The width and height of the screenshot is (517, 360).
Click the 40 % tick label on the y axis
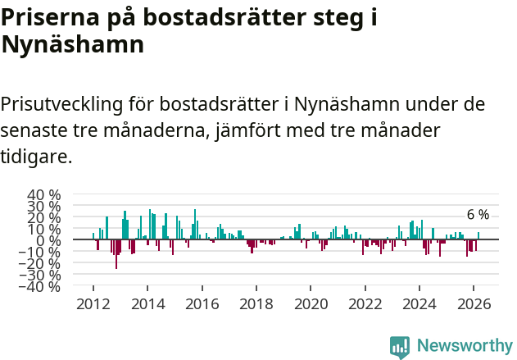[x=44, y=195]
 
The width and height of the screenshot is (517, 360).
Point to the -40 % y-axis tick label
[x=42, y=286]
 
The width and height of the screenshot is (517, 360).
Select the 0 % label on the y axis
[x=48, y=241]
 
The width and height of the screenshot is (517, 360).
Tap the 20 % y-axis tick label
[x=44, y=218]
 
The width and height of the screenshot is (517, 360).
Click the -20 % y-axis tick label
[x=42, y=263]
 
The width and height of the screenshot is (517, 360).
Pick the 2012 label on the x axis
[x=93, y=303]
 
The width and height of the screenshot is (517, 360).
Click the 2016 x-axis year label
[x=202, y=303]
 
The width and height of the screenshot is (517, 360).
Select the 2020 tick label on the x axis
[x=311, y=303]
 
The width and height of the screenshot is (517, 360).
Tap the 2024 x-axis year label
[x=419, y=303]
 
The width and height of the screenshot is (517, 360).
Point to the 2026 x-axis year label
[x=474, y=303]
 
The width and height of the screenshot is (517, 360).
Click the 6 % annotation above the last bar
[x=478, y=215]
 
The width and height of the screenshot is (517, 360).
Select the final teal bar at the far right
[x=478, y=236]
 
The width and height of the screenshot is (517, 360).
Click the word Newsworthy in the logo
[x=464, y=346]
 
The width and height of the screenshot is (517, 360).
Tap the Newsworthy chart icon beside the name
[x=400, y=347]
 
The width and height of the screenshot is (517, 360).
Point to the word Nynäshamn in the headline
[x=73, y=46]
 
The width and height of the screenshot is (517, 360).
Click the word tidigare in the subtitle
[x=35, y=156]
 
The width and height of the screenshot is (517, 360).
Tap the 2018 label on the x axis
[x=256, y=303]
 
